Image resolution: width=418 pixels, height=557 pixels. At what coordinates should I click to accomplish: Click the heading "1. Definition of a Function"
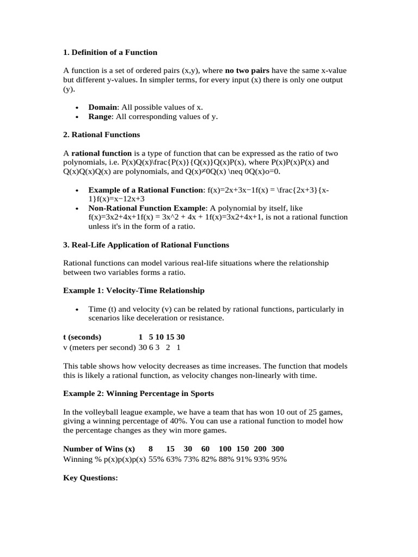pos(110,53)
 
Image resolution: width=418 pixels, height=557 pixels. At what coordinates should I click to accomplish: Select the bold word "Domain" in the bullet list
pos(102,108)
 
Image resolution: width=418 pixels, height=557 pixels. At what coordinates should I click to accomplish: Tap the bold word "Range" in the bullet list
pos(100,116)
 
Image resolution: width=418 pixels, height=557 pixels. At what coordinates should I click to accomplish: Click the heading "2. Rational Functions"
pos(101,134)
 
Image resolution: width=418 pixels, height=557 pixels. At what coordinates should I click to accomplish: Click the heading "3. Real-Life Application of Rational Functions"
pos(146,245)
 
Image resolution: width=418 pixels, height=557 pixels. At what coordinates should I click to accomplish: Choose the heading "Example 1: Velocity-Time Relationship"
pos(133,290)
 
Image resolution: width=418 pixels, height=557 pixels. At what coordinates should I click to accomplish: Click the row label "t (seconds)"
pos(82,337)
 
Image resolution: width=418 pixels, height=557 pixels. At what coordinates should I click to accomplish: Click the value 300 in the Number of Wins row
pos(278,449)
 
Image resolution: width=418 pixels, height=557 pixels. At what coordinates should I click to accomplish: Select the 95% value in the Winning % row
pos(279,459)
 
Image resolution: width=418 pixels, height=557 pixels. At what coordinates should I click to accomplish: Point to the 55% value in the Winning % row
pos(156,459)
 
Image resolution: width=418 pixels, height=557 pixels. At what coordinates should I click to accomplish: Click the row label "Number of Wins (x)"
pos(99,449)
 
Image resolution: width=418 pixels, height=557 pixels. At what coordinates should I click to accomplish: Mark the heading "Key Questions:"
pos(90,478)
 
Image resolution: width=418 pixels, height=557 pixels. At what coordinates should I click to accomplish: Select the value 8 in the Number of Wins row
pos(151,449)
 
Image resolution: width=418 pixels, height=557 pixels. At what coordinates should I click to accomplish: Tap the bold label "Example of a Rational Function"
pos(145,190)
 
